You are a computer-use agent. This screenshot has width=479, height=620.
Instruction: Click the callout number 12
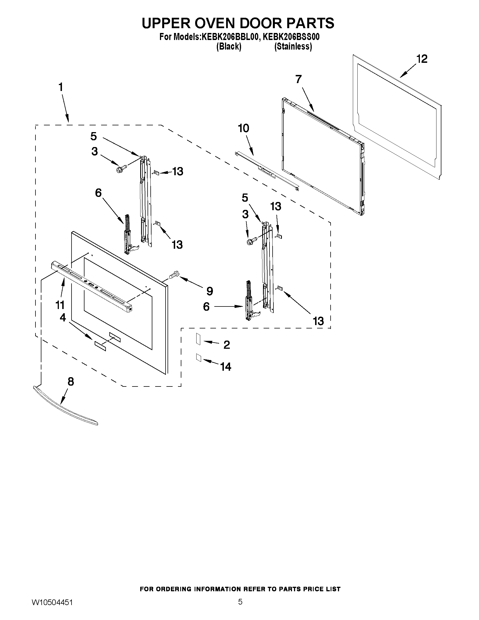pyautogui.click(x=422, y=59)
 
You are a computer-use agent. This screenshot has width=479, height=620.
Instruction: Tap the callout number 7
pyautogui.click(x=298, y=79)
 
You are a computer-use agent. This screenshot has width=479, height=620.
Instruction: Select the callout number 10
pyautogui.click(x=244, y=128)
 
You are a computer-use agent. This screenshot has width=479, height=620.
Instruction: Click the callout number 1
pyautogui.click(x=61, y=87)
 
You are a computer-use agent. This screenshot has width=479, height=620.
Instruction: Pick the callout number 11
pyautogui.click(x=60, y=305)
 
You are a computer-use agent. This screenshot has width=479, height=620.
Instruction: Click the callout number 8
pyautogui.click(x=71, y=381)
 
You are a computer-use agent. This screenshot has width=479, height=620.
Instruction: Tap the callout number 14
pyautogui.click(x=226, y=367)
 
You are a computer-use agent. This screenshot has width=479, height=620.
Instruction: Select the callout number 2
pyautogui.click(x=226, y=345)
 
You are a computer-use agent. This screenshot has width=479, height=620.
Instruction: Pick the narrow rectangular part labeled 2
pyautogui.click(x=198, y=339)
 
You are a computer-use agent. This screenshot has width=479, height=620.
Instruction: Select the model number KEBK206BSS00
pyautogui.click(x=291, y=37)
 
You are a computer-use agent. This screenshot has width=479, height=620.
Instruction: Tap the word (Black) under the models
pyautogui.click(x=229, y=47)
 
